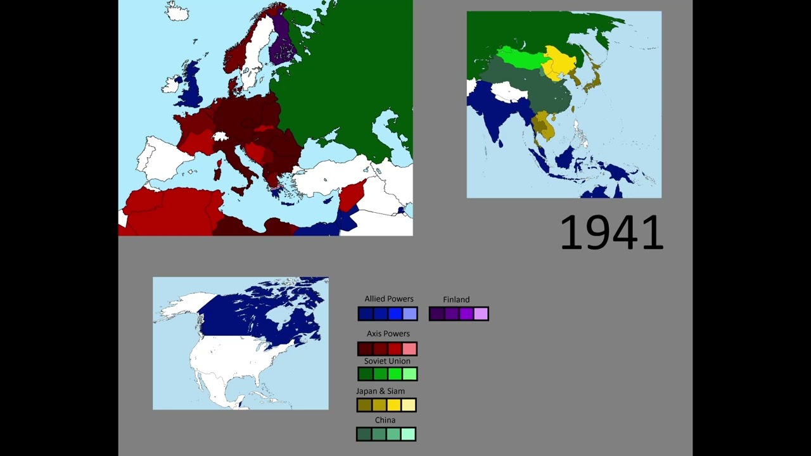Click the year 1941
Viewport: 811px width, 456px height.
point(611,232)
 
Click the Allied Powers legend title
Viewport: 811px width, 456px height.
point(388,299)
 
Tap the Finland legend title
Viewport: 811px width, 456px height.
point(456,300)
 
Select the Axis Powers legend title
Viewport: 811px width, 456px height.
point(388,334)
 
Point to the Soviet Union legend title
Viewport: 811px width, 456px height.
point(386,361)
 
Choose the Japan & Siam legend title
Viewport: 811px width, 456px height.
point(380,391)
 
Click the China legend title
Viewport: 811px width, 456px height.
point(385,421)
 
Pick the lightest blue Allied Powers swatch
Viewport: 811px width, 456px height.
point(410,313)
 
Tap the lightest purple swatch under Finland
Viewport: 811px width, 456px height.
point(481,313)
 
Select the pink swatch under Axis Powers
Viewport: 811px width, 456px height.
point(409,349)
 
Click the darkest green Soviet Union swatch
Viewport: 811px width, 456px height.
point(365,374)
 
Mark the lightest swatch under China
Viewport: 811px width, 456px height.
point(409,434)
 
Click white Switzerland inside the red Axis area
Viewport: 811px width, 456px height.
point(220,136)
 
